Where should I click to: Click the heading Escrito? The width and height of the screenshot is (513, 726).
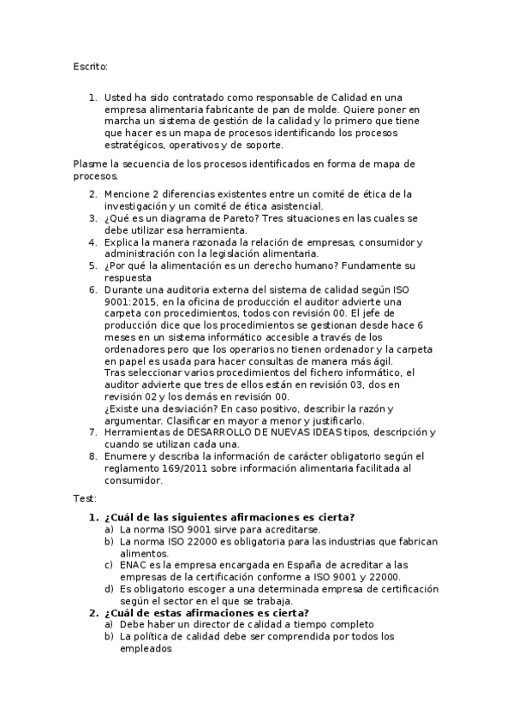point(91,65)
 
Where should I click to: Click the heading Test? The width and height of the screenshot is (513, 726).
point(86,498)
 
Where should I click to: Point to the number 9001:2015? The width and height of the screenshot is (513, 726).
point(133,302)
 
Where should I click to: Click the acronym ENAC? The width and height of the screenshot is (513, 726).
point(134,565)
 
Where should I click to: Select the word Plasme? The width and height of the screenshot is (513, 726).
point(90,164)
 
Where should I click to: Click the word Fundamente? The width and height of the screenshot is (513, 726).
point(368,266)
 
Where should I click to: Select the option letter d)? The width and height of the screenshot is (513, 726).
point(109,589)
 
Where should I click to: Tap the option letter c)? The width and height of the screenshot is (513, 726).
point(109,565)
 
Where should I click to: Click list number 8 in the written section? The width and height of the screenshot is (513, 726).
point(92,457)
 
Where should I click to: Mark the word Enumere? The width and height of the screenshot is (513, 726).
point(126,457)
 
